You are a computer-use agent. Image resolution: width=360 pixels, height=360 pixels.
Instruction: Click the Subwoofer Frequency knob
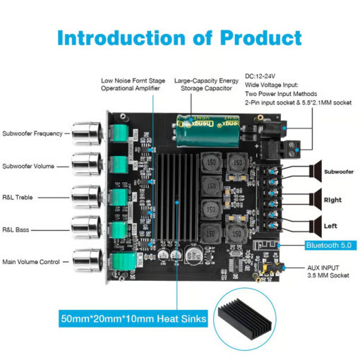click(87, 133)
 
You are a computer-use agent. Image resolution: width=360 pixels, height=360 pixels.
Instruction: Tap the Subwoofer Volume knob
click(87, 164)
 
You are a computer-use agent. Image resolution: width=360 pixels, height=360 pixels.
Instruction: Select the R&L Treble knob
click(87, 197)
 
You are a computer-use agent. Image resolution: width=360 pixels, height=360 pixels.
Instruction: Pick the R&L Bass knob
click(87, 227)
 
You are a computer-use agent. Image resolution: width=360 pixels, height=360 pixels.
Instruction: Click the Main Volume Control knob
click(87, 260)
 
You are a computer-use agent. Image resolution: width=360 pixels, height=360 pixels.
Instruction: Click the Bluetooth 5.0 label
click(330, 246)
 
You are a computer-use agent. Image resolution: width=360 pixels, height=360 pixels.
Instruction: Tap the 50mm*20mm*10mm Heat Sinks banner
click(133, 318)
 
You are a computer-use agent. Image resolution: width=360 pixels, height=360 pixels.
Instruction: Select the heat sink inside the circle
click(244, 319)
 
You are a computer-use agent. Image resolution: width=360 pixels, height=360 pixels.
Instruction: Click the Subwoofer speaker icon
click(316, 171)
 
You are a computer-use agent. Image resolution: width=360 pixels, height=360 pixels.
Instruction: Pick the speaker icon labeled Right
click(316, 200)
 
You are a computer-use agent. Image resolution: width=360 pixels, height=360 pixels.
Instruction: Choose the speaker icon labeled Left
click(316, 226)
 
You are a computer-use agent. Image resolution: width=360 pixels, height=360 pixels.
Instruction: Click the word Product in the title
click(260, 38)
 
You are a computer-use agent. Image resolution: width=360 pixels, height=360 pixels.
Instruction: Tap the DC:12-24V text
click(260, 76)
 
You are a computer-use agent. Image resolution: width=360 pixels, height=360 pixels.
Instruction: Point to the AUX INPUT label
click(323, 268)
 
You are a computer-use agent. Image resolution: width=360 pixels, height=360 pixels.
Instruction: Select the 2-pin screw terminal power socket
click(292, 149)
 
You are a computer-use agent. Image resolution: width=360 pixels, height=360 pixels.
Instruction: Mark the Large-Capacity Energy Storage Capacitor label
click(206, 84)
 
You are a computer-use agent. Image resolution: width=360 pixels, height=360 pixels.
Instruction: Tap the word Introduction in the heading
click(121, 38)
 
